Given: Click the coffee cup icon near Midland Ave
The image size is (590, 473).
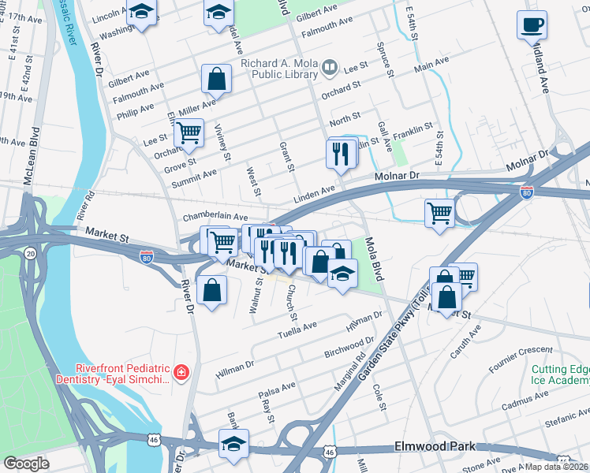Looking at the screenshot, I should (531, 24).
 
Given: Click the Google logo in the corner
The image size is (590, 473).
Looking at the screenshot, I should (26, 463).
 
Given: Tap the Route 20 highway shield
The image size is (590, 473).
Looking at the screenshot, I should (29, 252).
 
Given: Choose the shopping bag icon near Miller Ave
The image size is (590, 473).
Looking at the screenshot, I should (215, 79).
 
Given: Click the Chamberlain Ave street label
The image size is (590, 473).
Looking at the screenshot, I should (215, 216).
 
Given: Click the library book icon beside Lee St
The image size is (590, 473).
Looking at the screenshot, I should (330, 69).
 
